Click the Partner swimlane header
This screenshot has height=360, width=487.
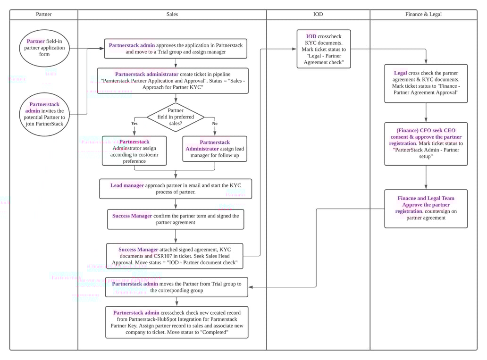pos(44,14)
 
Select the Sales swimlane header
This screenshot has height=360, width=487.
pos(172,14)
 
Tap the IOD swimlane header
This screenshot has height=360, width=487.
pos(318,14)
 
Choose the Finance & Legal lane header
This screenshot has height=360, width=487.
pos(423,14)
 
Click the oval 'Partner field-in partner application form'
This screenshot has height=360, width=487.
pos(44,48)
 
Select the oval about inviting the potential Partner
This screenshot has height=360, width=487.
pos(44,114)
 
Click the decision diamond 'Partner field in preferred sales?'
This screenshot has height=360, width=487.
pos(176,117)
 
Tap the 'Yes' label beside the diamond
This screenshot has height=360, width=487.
pos(134,124)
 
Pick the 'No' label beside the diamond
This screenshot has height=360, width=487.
pos(215,124)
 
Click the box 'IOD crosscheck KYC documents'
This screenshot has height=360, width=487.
pos(324,49)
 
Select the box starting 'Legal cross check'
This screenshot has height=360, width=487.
pos(426,83)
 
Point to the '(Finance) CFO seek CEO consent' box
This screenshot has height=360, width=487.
pos(426,143)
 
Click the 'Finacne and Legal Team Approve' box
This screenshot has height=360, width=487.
pos(426,208)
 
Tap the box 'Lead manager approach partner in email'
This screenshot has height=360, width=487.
pos(176,189)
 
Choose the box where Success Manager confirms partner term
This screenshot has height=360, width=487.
pos(176,219)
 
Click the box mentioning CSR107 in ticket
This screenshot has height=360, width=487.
pos(175,256)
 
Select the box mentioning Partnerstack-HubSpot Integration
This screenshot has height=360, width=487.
pos(176,322)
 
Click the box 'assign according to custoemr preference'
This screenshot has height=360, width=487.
pos(134,151)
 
